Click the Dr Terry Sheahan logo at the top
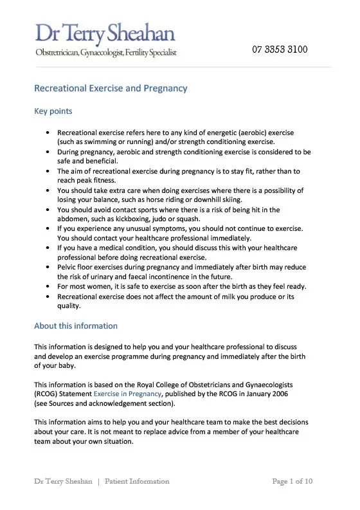click(105, 33)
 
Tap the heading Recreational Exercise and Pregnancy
click(111, 88)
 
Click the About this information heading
click(76, 326)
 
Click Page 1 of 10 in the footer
click(292, 481)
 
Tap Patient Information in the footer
click(137, 481)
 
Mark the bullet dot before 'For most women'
click(49, 287)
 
